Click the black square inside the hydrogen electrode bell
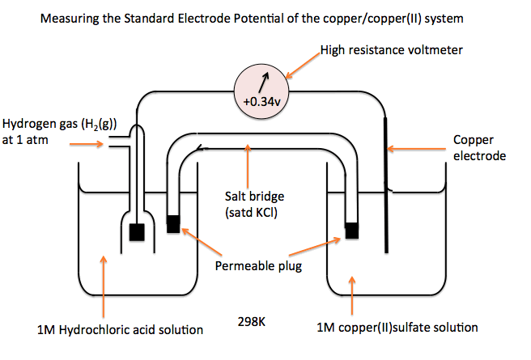pos(137,231)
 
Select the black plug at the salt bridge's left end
pos(173,223)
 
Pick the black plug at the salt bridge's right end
pos(351,229)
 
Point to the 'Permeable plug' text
pos(258,265)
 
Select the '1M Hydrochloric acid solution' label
pos(120,329)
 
